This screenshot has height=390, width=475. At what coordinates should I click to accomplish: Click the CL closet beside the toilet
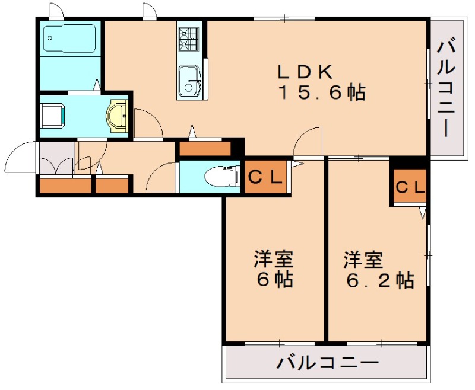[265, 177]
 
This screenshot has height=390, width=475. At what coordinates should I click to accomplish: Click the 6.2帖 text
[381, 279]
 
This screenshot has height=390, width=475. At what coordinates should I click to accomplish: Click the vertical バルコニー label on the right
[448, 88]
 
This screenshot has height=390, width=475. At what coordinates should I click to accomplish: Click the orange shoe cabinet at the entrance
[65, 186]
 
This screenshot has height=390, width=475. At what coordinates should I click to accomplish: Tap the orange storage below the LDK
[204, 148]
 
